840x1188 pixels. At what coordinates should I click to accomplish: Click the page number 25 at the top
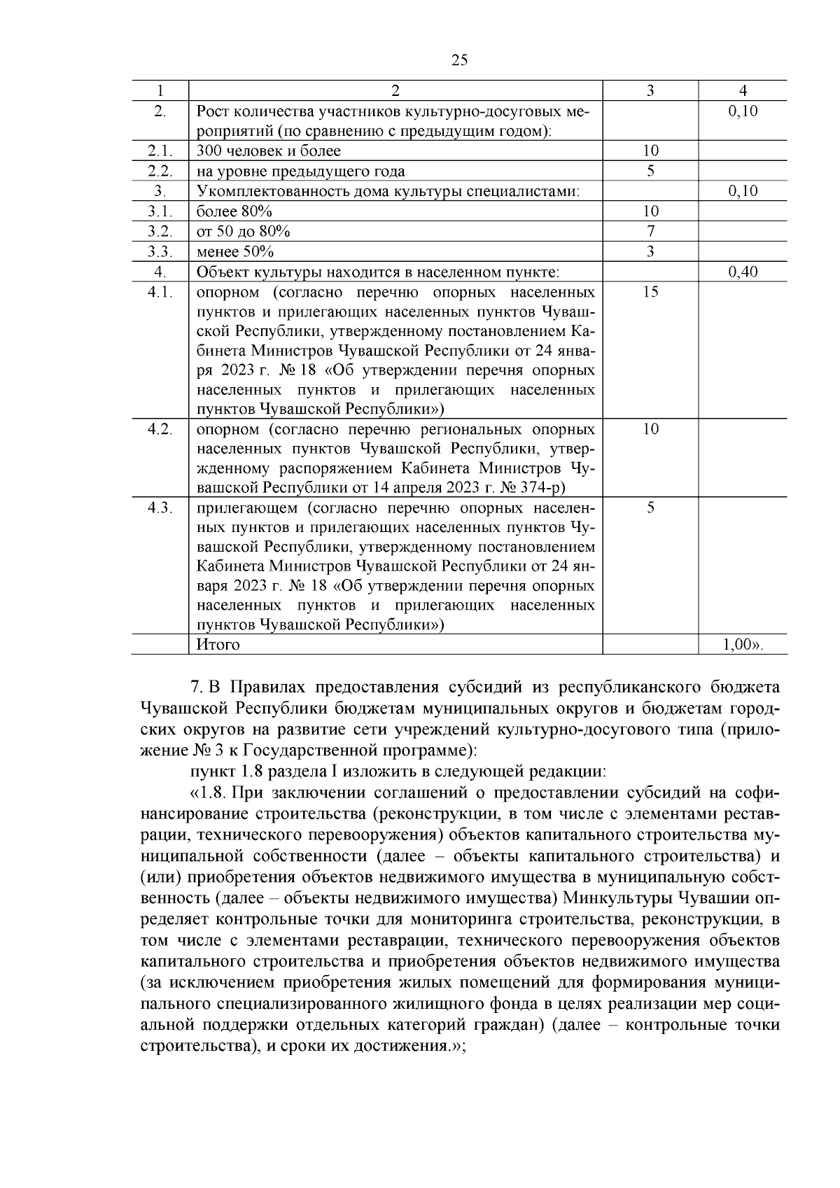[x=459, y=60]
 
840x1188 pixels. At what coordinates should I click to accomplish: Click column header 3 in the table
[x=650, y=91]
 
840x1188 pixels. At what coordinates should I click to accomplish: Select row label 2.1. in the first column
[x=160, y=151]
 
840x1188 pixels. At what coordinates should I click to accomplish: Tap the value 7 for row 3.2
[x=650, y=232]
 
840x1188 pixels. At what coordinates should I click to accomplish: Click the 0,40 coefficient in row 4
[x=743, y=272]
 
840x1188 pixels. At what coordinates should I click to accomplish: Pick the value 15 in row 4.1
[x=650, y=292]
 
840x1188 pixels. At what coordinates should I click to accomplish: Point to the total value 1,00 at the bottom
[x=741, y=645]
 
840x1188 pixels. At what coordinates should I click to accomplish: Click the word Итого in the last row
[x=218, y=645]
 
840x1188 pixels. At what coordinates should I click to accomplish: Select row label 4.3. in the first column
[x=160, y=508]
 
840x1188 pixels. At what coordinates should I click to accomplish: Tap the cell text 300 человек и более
[x=268, y=151]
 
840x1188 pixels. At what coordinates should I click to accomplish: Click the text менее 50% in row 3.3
[x=234, y=252]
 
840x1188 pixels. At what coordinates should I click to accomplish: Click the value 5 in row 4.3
[x=650, y=508]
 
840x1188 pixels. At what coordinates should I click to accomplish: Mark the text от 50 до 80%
[x=243, y=232]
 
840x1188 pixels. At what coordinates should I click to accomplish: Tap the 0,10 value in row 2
[x=743, y=111]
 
